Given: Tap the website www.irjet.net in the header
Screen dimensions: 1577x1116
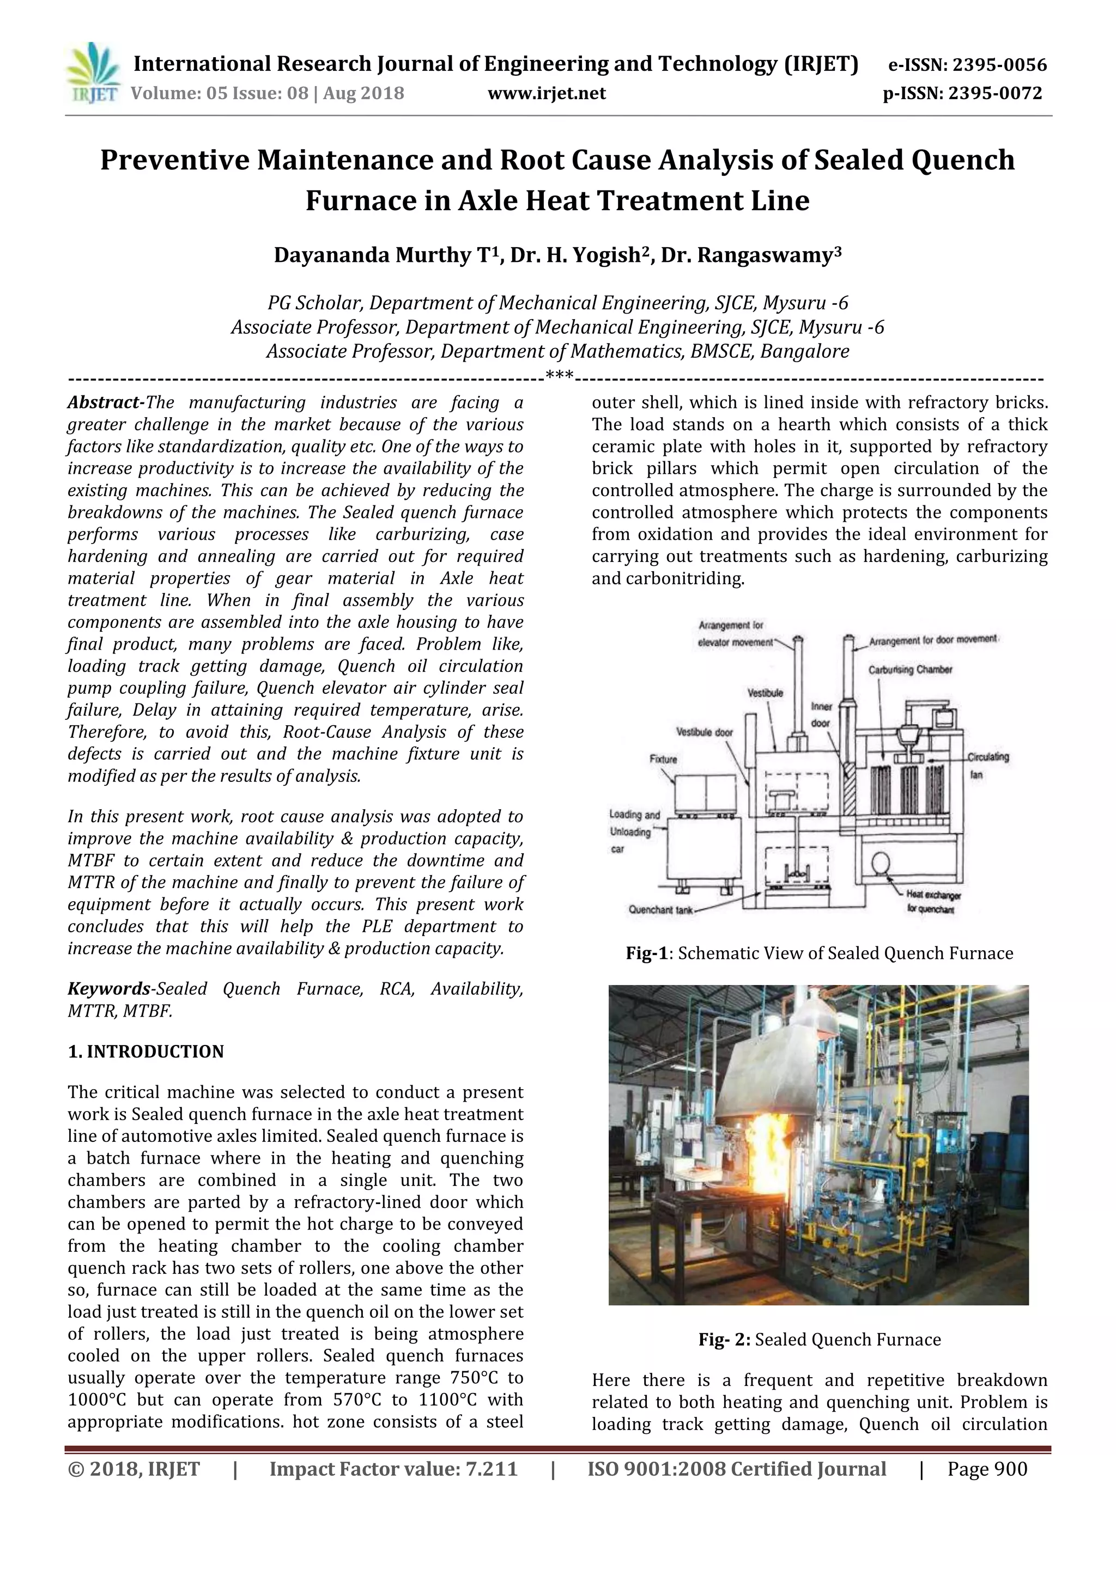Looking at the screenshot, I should pos(547,93).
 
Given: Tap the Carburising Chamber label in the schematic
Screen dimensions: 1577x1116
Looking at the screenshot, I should pos(910,670).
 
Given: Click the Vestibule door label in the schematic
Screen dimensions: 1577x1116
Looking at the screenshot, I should pos(705,732).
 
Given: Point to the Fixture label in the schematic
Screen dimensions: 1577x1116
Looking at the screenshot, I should pos(663,759).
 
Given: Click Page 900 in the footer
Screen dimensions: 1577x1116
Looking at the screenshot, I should pos(987,1488).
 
